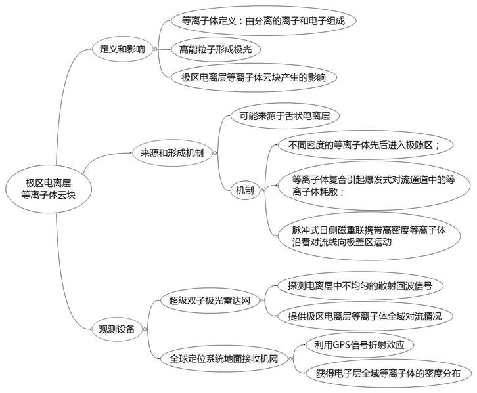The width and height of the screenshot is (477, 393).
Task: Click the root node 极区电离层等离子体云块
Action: tap(49, 189)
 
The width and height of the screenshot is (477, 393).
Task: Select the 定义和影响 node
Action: tap(122, 49)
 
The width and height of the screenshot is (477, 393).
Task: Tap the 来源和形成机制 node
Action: tap(172, 153)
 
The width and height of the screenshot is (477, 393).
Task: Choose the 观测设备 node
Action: tap(117, 329)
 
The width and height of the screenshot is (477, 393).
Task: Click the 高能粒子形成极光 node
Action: tap(216, 49)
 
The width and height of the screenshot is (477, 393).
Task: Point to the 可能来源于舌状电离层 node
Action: tap(284, 115)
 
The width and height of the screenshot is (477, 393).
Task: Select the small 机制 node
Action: tap(245, 190)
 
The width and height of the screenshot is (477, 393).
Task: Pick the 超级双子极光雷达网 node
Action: tap(210, 300)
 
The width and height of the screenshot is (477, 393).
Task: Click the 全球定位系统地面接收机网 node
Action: tap(224, 359)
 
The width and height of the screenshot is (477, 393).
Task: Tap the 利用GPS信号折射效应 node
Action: tap(359, 345)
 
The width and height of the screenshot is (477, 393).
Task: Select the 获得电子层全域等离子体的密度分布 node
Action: tap(388, 373)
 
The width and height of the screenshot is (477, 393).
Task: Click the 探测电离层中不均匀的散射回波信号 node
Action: tap(360, 286)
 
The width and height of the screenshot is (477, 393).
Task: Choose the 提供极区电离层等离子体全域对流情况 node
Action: tap(365, 316)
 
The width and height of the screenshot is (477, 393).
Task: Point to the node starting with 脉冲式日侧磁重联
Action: tap(369, 236)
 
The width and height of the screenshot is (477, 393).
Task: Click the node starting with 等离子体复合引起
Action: tap(374, 186)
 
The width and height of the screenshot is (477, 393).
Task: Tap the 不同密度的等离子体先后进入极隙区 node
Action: tap(365, 145)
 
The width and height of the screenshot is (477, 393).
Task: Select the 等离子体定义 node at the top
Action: tap(263, 21)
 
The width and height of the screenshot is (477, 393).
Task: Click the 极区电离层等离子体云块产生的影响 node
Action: tap(254, 77)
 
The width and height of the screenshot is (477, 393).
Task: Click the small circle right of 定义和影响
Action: tap(156, 49)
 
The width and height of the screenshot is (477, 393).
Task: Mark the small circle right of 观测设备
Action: tap(145, 329)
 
